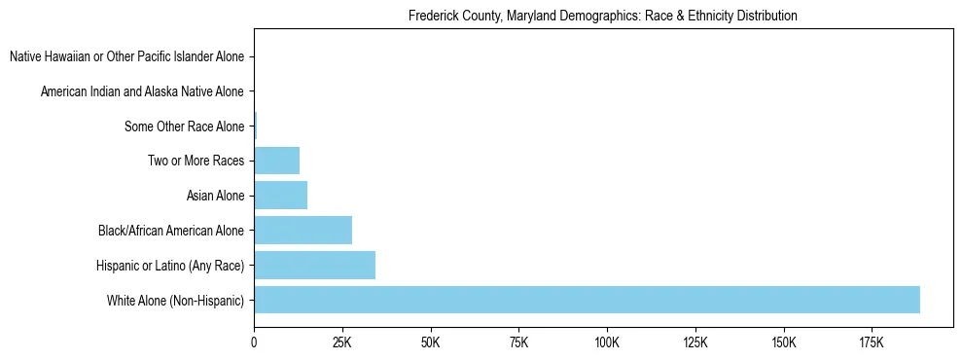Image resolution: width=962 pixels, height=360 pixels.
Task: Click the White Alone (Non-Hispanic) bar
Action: [587, 300]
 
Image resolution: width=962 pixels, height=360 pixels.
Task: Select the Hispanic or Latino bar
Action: [314, 265]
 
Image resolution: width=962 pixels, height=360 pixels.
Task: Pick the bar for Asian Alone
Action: [280, 196]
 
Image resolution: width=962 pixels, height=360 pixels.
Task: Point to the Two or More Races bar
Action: [276, 161]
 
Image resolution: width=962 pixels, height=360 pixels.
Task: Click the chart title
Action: [603, 16]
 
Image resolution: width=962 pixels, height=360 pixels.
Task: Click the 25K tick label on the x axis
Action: [341, 342]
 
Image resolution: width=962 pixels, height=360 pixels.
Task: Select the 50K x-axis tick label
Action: [430, 342]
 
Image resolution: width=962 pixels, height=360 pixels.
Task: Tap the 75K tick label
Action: [518, 342]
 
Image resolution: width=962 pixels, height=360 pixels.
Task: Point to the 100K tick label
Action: [606, 342]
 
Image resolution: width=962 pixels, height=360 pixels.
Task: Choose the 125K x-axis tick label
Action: [695, 342]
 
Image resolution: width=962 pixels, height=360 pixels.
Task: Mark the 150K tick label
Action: [783, 342]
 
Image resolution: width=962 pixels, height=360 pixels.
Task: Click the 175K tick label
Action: [871, 342]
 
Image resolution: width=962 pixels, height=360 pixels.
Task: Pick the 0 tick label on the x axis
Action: [254, 342]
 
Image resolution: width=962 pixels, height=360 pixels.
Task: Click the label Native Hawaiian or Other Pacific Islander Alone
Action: [126, 56]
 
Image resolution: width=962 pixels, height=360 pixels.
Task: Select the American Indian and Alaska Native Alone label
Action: [142, 91]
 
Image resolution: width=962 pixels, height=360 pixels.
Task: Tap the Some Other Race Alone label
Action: [184, 126]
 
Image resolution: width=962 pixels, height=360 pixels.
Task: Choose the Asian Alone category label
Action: [215, 196]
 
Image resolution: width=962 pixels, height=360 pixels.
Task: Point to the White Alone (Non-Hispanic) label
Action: [176, 301]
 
